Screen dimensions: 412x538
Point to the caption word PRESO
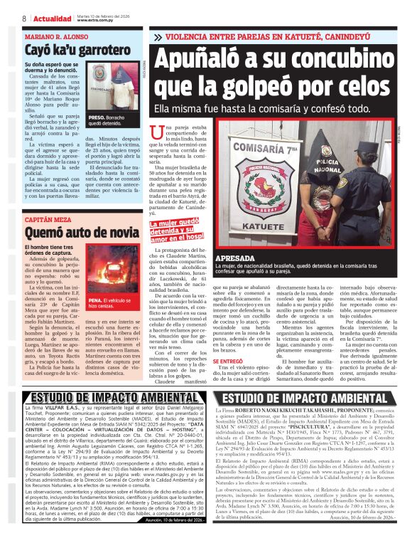[x=97, y=115]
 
